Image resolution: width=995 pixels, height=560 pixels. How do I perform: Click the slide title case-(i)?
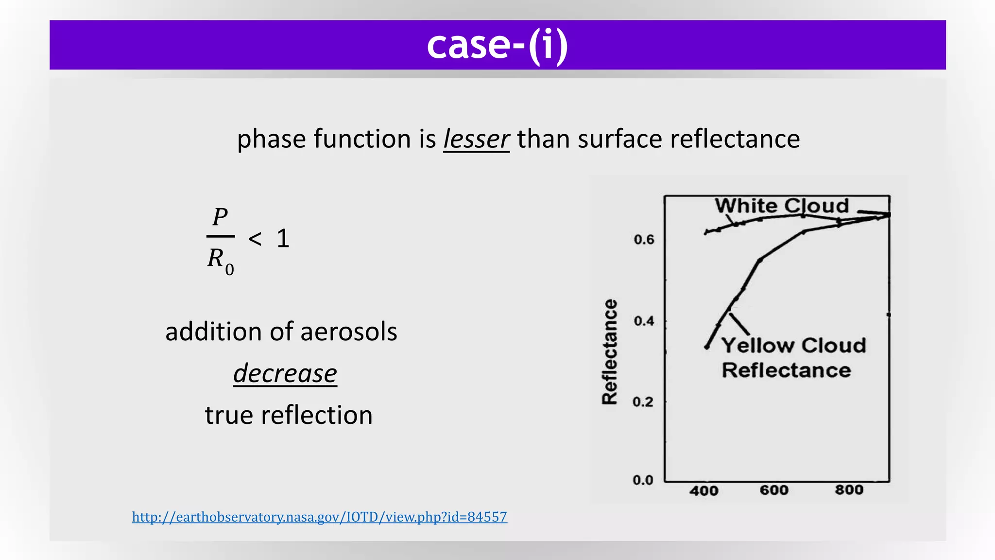(497, 45)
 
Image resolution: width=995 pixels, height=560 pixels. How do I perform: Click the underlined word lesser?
(476, 139)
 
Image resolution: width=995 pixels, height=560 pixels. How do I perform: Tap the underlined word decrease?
(285, 373)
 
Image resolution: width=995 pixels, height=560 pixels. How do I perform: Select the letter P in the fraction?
(220, 217)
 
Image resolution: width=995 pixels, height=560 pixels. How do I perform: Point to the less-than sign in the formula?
(255, 239)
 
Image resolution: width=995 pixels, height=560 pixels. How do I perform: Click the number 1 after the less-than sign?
(283, 239)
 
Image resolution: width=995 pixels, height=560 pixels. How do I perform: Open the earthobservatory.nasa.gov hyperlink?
(319, 517)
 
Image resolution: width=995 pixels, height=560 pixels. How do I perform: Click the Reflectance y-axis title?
(609, 351)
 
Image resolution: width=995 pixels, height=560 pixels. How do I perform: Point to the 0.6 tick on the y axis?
(644, 240)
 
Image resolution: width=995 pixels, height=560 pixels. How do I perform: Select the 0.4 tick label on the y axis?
(644, 321)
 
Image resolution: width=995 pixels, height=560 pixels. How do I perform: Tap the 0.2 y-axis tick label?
(643, 402)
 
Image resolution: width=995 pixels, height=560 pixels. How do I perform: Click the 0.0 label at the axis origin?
(643, 480)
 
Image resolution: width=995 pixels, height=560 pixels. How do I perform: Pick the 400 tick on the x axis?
(703, 490)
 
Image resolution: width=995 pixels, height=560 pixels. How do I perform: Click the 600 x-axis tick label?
(774, 490)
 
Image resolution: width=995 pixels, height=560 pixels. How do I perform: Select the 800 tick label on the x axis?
(849, 490)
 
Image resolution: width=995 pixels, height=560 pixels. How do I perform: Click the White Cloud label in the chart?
(781, 206)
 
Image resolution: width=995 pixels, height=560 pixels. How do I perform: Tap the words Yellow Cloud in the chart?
(793, 346)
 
